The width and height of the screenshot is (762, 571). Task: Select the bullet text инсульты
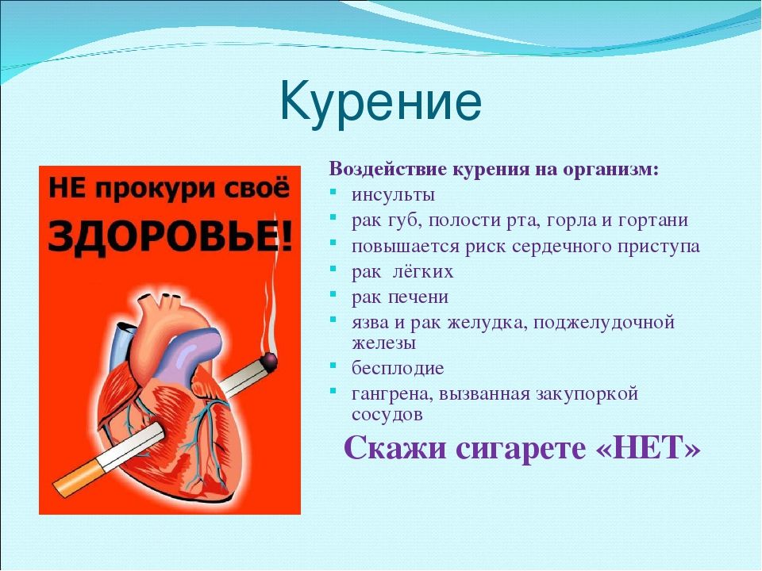393,195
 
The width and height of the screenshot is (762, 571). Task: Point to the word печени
421,297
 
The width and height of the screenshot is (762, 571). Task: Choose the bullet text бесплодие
398,368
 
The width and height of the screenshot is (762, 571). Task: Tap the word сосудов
387,415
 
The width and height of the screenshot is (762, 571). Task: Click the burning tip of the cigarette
269,362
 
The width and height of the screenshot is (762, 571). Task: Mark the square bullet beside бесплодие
333,365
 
